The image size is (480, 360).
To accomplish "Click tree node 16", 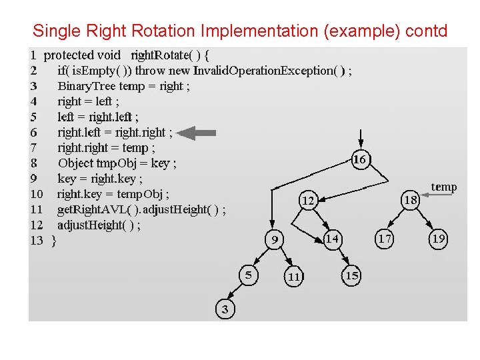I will point(360,159).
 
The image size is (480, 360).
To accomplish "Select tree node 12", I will point(308,199).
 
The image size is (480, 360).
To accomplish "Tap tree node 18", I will point(411,199).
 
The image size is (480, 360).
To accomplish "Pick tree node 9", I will point(273,239).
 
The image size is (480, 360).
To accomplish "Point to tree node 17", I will point(385,238).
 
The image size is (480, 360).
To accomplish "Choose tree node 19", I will point(438,238).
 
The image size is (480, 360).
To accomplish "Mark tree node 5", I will point(247,275).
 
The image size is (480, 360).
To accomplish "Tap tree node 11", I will point(293,276).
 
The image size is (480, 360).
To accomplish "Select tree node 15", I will point(351,275).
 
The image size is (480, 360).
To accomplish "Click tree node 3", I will point(225,309).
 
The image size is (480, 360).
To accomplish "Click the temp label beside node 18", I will point(444,187).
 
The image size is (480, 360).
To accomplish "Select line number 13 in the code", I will point(37,241).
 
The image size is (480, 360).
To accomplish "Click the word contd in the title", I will point(424,31).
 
